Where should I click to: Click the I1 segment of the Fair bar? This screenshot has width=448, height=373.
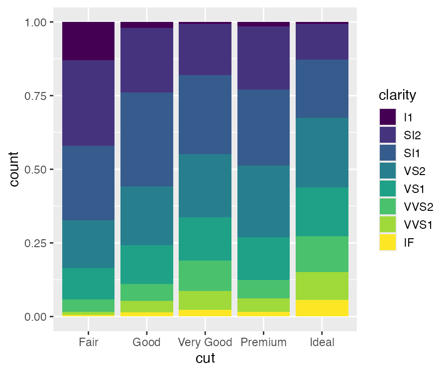(x=89, y=41)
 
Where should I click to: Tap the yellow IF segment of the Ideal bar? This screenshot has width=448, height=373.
(x=322, y=308)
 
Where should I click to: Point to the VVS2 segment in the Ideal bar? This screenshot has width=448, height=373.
(x=322, y=254)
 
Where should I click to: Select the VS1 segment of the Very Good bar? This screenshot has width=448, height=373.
(x=205, y=239)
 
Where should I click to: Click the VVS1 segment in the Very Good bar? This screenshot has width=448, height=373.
(x=205, y=300)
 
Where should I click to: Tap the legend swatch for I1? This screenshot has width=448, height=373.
(x=387, y=117)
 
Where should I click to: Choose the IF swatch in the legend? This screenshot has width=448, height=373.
(x=387, y=243)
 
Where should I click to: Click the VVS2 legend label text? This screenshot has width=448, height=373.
(x=418, y=207)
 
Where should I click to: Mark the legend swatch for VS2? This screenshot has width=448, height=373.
(x=387, y=171)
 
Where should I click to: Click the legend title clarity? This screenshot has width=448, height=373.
(x=397, y=94)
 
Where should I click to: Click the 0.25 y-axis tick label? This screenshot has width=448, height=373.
(x=36, y=243)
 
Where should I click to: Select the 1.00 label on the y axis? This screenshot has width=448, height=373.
(x=36, y=22)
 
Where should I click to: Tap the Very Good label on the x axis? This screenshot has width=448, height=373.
(x=205, y=342)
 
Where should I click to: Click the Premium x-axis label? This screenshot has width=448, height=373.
(x=264, y=342)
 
